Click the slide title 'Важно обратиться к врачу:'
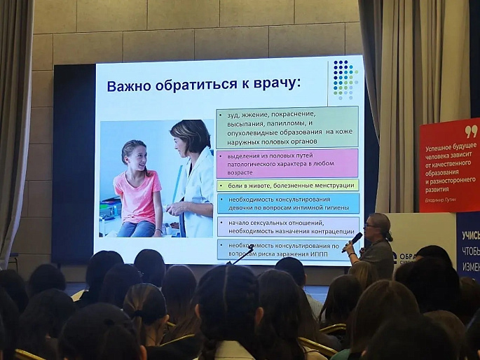pyautogui.click(x=203, y=85)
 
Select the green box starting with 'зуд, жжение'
pyautogui.click(x=287, y=126)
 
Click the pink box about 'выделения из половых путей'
pyautogui.click(x=287, y=162)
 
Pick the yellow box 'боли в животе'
pyautogui.click(x=287, y=186)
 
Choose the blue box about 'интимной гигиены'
pyautogui.click(x=287, y=203)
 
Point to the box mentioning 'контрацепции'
pyautogui.click(x=287, y=226)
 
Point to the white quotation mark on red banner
pyautogui.click(x=470, y=131)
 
